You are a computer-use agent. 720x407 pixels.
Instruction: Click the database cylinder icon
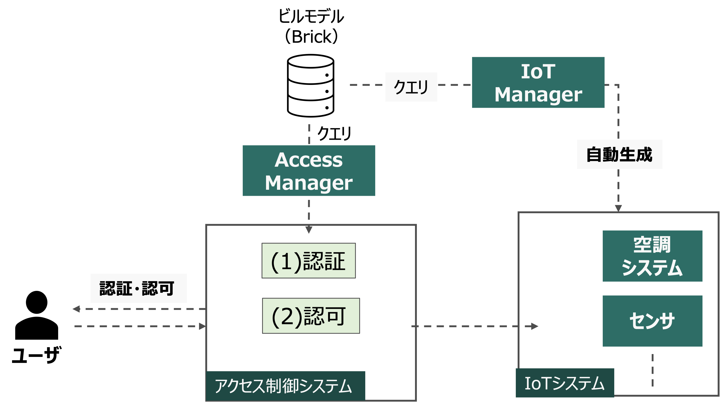pos(311,86)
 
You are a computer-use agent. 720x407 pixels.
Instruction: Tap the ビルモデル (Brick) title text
pos(311,26)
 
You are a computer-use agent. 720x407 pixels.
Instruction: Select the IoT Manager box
pos(538,83)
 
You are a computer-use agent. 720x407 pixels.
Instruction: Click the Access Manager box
pos(309,171)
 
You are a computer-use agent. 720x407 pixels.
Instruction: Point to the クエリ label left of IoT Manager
pos(411,87)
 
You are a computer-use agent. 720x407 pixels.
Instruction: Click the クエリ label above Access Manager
pos(334,133)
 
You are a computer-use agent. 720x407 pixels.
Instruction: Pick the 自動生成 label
pos(619,154)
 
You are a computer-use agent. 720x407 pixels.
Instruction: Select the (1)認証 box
pos(309,261)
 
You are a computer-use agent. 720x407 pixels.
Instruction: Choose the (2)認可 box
pos(311,316)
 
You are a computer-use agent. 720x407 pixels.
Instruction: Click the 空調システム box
pos(652,256)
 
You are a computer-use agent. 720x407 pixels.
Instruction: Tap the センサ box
pos(652,321)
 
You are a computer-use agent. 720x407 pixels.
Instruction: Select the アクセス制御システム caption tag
pos(285,386)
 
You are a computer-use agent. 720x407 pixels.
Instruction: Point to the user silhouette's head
pos(37,302)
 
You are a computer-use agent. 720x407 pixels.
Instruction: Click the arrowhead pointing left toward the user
pos(76,309)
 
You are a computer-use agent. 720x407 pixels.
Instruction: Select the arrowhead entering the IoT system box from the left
pos(535,326)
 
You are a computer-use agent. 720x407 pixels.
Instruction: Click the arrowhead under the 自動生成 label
pos(618,208)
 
